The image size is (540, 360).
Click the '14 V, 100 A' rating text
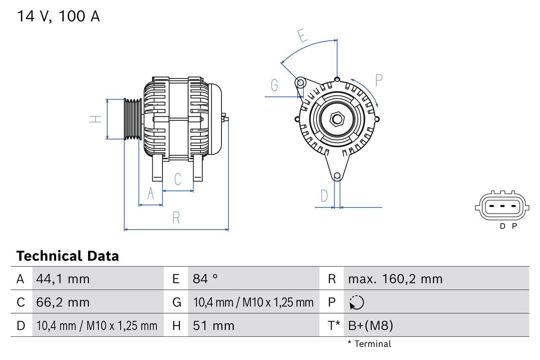58,16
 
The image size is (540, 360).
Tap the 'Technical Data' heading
67,256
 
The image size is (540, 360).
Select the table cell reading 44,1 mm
63,279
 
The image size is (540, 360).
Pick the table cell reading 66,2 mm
63,302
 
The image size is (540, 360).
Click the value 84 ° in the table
205,279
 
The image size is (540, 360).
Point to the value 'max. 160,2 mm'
395,279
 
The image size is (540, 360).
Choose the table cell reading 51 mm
213,325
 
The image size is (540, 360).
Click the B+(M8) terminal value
370,325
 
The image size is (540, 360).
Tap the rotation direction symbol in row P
356,302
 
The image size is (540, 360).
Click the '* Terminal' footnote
369,344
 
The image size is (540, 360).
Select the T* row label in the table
334,325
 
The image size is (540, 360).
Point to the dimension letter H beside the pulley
96,119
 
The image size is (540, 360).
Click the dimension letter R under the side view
176,218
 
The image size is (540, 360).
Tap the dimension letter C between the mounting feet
178,179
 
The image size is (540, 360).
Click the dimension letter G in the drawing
274,85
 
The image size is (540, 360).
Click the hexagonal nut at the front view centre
337,119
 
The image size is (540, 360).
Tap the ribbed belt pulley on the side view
133,119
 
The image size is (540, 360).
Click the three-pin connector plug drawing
502,206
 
